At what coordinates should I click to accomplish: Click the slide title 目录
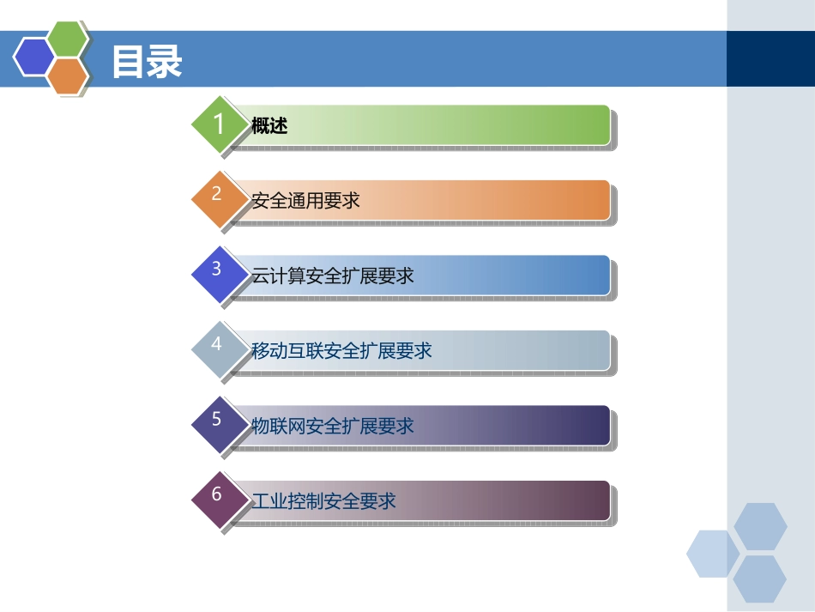click(x=147, y=62)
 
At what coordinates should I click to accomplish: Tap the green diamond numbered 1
click(x=219, y=124)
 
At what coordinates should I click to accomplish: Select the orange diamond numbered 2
click(x=217, y=195)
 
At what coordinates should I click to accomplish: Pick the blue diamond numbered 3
click(x=217, y=270)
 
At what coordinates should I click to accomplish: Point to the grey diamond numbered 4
click(x=217, y=344)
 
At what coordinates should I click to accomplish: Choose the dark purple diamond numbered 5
click(x=217, y=420)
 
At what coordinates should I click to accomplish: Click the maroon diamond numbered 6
click(x=217, y=494)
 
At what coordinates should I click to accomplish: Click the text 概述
click(x=269, y=126)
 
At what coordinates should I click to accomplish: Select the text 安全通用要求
click(x=305, y=201)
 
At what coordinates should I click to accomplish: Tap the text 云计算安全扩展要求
click(x=333, y=276)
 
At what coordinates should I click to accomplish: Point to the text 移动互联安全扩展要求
click(x=341, y=350)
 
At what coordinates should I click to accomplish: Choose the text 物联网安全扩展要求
click(x=333, y=426)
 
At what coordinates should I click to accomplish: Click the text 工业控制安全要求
click(x=323, y=500)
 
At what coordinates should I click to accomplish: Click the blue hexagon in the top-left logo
click(x=33, y=57)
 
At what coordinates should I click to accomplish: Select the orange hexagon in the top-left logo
click(x=69, y=76)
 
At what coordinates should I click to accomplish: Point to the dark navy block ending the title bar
click(x=770, y=58)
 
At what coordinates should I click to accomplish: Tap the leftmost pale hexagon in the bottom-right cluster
click(x=711, y=554)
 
